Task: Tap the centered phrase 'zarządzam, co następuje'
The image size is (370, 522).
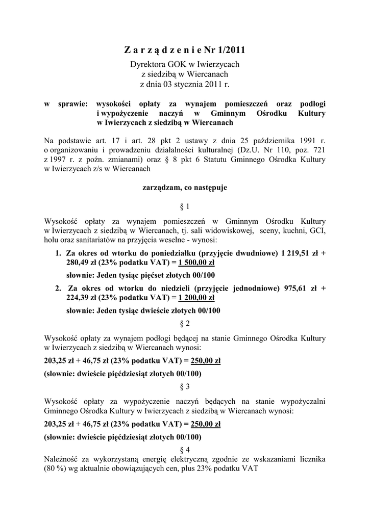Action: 185,187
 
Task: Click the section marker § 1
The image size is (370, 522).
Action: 185,207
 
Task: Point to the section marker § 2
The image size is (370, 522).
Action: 185,324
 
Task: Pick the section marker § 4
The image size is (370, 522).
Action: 185,450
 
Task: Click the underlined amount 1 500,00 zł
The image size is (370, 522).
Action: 196,263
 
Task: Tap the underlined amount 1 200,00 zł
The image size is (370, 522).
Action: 196,298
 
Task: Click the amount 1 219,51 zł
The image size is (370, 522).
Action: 298,253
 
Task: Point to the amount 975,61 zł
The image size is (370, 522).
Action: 298,288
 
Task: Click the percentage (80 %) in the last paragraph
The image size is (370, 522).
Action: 56,469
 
